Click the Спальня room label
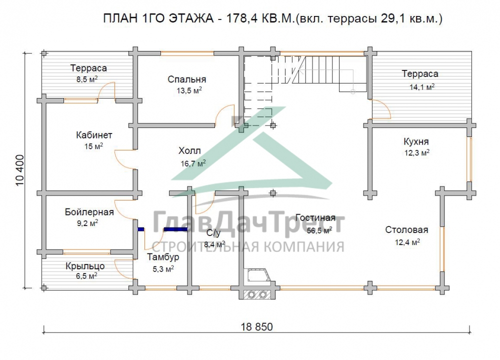point(187,79)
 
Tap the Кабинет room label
point(94,135)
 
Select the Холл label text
point(189,150)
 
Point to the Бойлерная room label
point(89,212)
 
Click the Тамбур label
point(163,257)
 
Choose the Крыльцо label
point(85,266)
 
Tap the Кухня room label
point(416,141)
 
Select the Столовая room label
point(406,229)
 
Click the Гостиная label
point(315,217)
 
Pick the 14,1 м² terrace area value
point(422,86)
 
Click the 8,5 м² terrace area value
point(86,79)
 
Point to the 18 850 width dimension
point(256,327)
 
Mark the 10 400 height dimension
point(20,170)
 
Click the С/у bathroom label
point(213,233)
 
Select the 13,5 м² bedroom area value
point(189,90)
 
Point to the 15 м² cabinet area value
point(93,146)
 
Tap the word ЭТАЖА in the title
point(190,18)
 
